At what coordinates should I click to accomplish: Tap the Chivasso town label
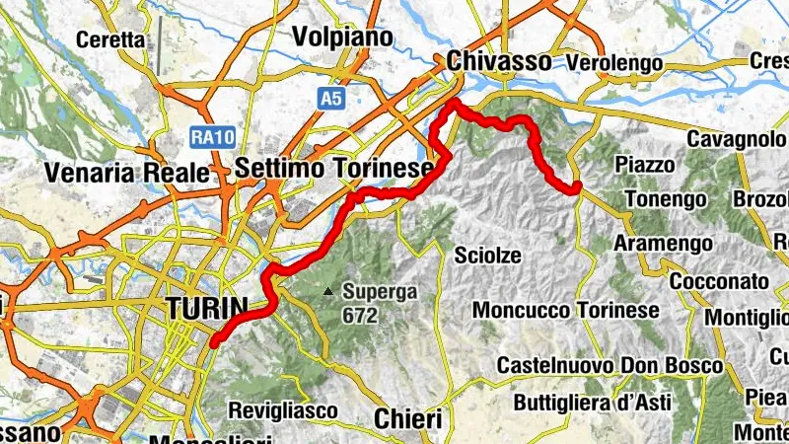pyautogui.click(x=498, y=61)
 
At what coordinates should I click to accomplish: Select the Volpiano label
pyautogui.click(x=342, y=37)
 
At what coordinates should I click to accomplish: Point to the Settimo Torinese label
pyautogui.click(x=334, y=169)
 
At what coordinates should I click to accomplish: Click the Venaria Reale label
pyautogui.click(x=127, y=174)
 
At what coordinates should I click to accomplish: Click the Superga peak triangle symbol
pyautogui.click(x=328, y=291)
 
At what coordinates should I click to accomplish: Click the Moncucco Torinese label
pyautogui.click(x=566, y=310)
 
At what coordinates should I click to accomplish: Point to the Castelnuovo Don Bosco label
pyautogui.click(x=610, y=365)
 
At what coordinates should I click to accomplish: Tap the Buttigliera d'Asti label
pyautogui.click(x=592, y=403)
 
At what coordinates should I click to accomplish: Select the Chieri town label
pyautogui.click(x=407, y=418)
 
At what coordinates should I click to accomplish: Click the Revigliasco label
pyautogui.click(x=283, y=409)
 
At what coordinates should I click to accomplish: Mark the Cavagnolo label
pyautogui.click(x=735, y=139)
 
